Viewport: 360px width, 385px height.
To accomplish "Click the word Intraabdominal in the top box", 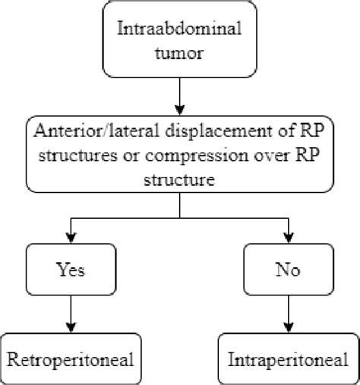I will coord(179,30).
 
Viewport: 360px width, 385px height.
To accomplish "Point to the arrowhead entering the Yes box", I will coord(70,235).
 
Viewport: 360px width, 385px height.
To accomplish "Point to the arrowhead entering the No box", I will coord(289,235).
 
